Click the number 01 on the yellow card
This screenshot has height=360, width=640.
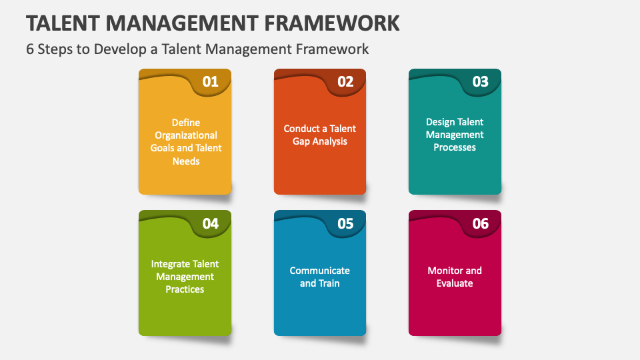click(210, 82)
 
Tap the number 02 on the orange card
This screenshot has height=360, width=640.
click(345, 82)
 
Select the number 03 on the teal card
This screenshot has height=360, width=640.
click(480, 82)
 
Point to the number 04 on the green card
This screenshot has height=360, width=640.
click(210, 223)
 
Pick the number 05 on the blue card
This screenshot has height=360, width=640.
click(345, 223)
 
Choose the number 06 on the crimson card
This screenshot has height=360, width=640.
click(480, 223)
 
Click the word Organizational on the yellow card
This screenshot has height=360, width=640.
click(185, 135)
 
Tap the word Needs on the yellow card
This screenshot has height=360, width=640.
click(185, 161)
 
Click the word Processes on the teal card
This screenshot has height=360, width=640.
click(455, 147)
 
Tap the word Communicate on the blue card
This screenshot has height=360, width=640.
click(319, 271)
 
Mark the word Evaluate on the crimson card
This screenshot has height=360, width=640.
click(455, 283)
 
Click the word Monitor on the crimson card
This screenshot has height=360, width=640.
click(445, 271)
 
